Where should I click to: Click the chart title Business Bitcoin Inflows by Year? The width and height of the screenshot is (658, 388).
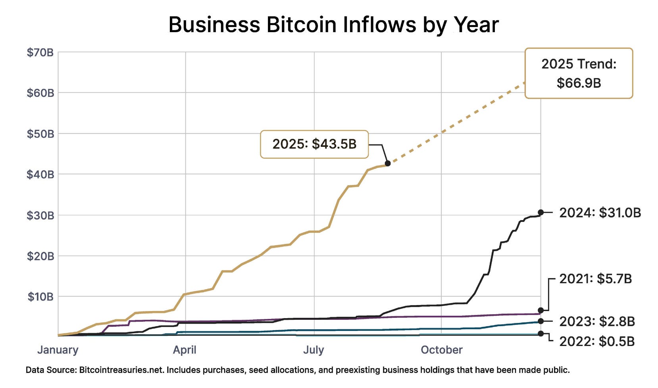[x=333, y=25]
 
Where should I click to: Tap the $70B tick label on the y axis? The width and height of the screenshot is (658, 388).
[x=40, y=52]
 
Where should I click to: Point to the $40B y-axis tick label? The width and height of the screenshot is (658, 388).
[x=40, y=175]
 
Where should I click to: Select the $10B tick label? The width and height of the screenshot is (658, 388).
[x=40, y=297]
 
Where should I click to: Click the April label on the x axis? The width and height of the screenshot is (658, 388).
[x=185, y=350]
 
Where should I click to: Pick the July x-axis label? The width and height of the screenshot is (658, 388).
[x=314, y=350]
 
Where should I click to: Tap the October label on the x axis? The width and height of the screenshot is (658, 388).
[x=441, y=350]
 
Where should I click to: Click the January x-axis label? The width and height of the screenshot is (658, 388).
[x=58, y=350]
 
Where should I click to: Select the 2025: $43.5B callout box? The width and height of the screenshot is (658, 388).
[x=314, y=144]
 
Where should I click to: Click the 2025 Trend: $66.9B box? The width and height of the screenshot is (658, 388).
[x=579, y=73]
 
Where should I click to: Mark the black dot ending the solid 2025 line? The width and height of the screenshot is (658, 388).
[x=388, y=163]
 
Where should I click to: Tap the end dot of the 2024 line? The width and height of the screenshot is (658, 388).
[x=541, y=213]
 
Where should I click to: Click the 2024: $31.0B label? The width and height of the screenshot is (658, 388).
[x=600, y=213]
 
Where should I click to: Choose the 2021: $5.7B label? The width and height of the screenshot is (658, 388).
[x=595, y=279]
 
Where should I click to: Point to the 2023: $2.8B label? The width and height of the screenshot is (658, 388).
[x=597, y=321]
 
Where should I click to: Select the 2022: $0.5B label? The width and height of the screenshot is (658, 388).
[x=597, y=342]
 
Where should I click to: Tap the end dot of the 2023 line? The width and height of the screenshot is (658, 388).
[x=541, y=321]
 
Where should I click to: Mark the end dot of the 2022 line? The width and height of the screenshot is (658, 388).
[x=541, y=334]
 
